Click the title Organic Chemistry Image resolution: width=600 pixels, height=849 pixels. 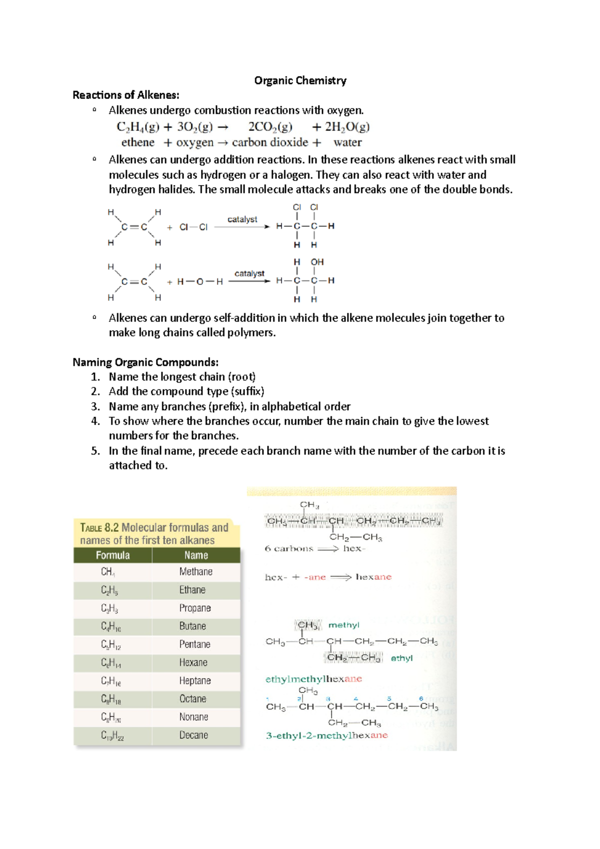click(300, 80)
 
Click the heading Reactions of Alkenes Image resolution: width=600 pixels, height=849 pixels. click(125, 95)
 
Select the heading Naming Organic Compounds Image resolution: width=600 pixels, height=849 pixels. click(145, 362)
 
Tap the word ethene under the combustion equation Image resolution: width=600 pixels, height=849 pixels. click(138, 142)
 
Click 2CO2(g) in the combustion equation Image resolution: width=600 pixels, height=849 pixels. click(270, 127)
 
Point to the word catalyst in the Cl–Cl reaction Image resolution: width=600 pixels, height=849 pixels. click(242, 219)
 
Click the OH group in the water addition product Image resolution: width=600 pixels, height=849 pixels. click(317, 262)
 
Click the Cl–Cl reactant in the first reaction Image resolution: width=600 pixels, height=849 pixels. click(193, 227)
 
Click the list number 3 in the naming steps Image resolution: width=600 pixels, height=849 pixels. click(95, 406)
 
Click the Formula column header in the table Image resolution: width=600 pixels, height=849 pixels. click(112, 555)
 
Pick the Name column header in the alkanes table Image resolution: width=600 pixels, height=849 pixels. click(195, 555)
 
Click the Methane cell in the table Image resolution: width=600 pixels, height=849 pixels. click(195, 571)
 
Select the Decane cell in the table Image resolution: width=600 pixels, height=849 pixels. click(193, 735)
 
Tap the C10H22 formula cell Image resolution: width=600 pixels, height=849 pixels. click(112, 735)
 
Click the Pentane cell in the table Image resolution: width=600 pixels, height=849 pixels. click(194, 644)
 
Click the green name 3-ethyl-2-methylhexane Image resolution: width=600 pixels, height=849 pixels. click(326, 735)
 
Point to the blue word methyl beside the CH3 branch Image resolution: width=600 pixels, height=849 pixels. click(343, 625)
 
